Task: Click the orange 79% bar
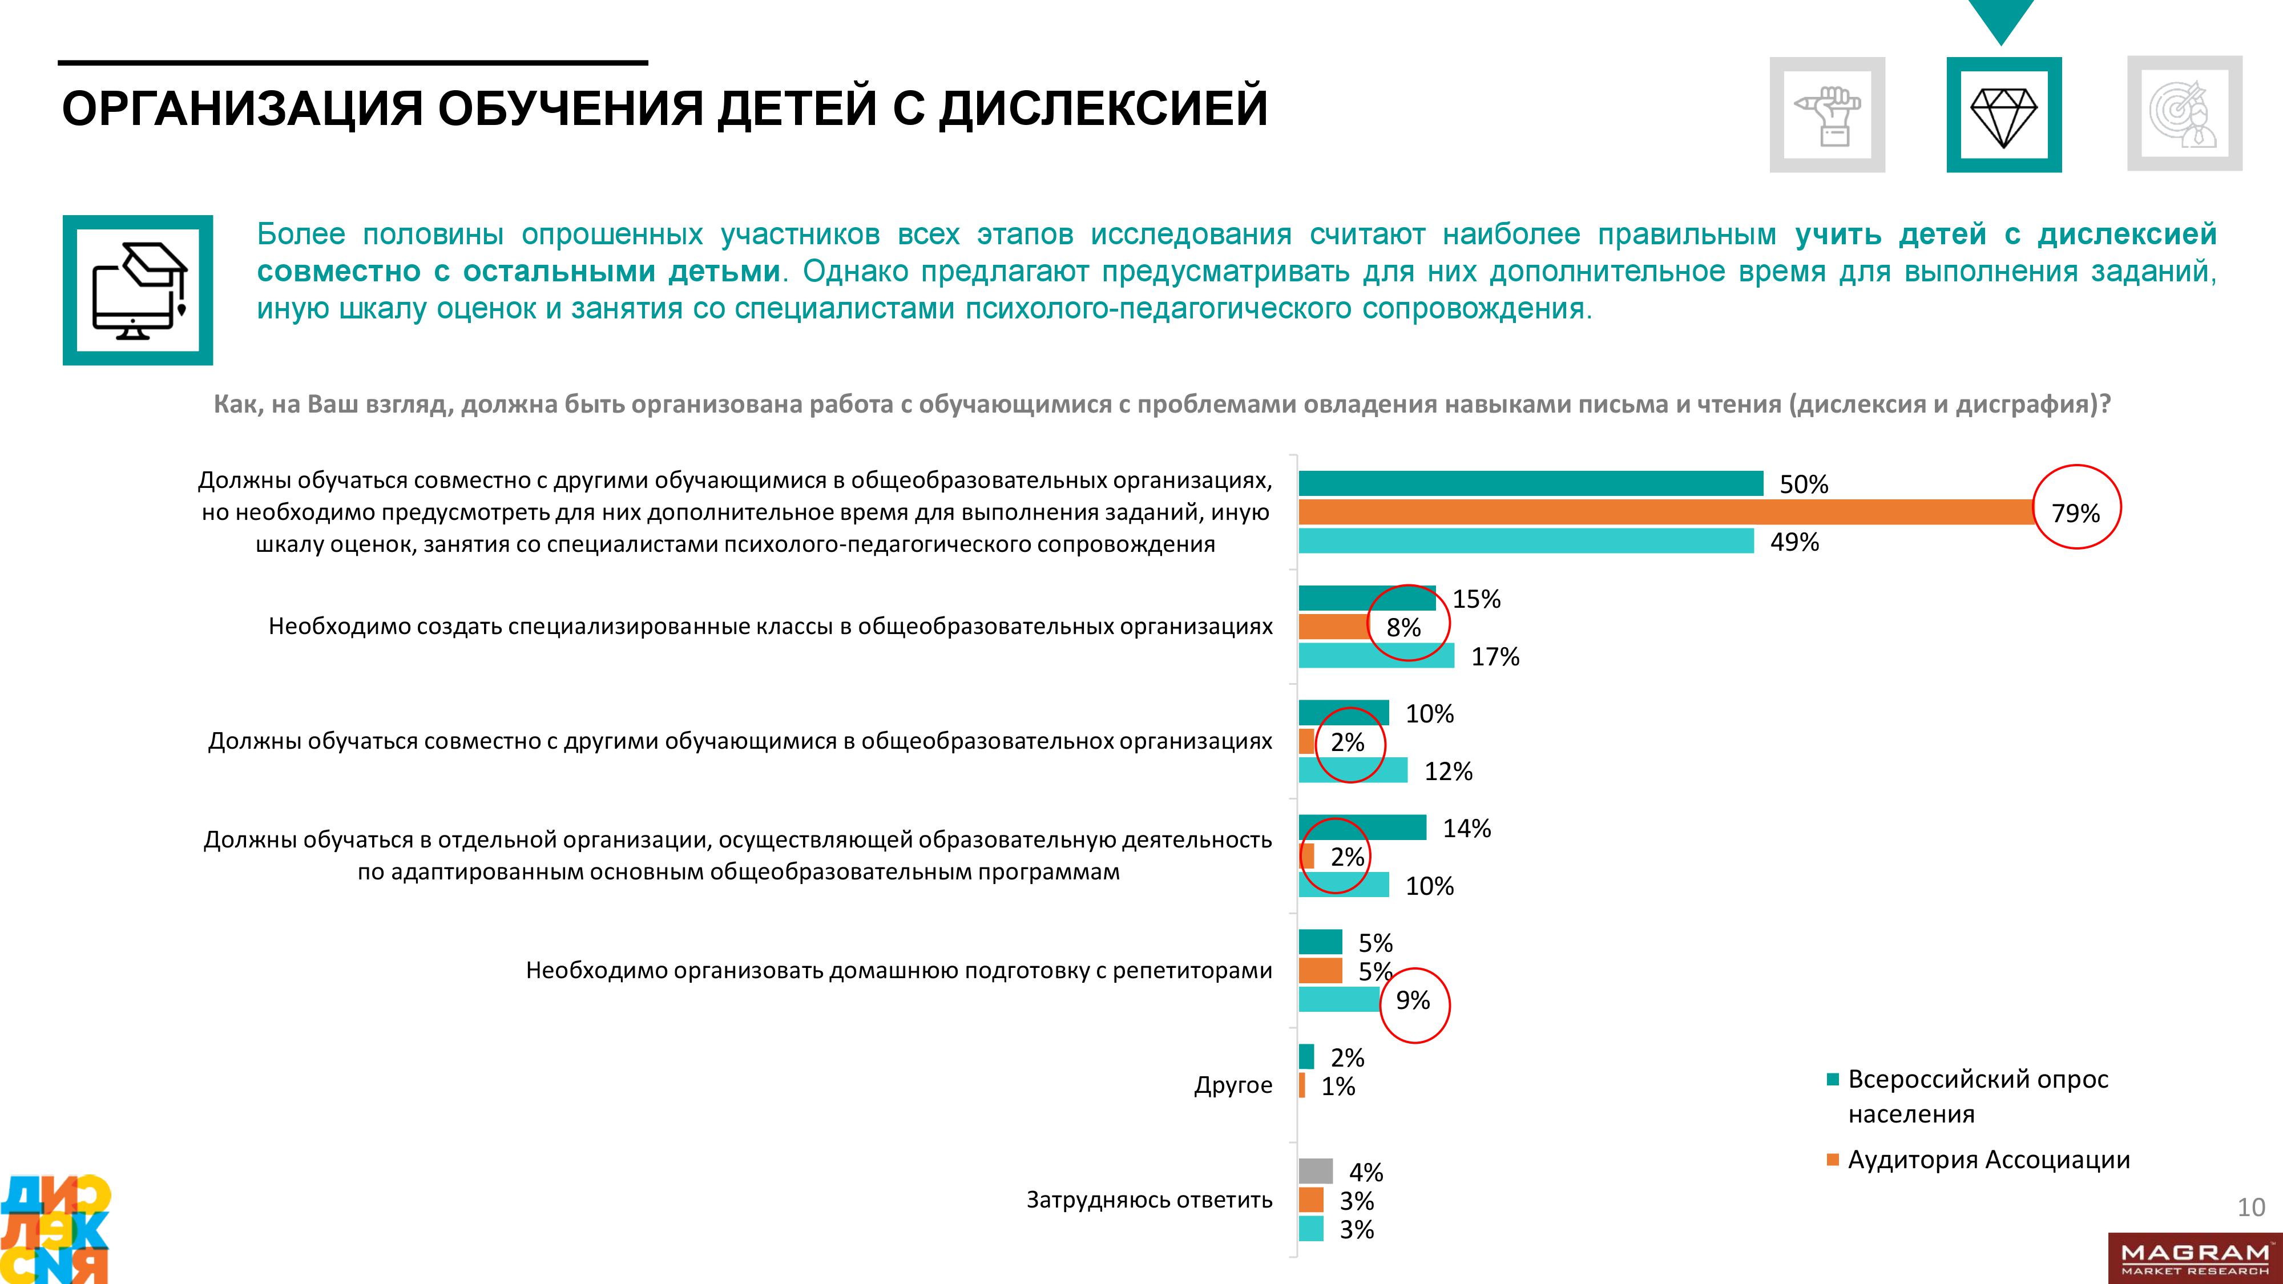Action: (1666, 512)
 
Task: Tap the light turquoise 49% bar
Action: (1525, 540)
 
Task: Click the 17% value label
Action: (1495, 657)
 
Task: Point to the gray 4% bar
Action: (1315, 1172)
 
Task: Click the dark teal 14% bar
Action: (1362, 827)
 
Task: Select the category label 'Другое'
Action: (1233, 1085)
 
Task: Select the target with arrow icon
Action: (2185, 114)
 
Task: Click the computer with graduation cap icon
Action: (138, 290)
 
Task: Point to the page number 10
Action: (2251, 1207)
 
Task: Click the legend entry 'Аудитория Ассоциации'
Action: (1988, 1160)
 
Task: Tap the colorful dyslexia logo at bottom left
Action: (55, 1229)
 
